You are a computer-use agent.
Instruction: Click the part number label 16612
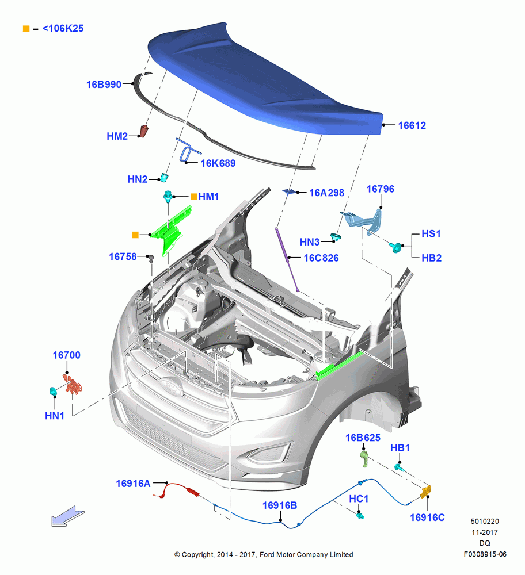[412, 125]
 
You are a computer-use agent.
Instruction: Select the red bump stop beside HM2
[144, 131]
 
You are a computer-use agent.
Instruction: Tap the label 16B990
[104, 85]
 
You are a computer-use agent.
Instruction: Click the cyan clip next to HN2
[163, 178]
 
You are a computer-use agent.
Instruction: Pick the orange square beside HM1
[194, 197]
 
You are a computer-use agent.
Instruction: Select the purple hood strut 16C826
[286, 259]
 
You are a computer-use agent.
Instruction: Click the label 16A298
[326, 193]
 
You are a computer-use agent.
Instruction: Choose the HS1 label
[431, 233]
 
